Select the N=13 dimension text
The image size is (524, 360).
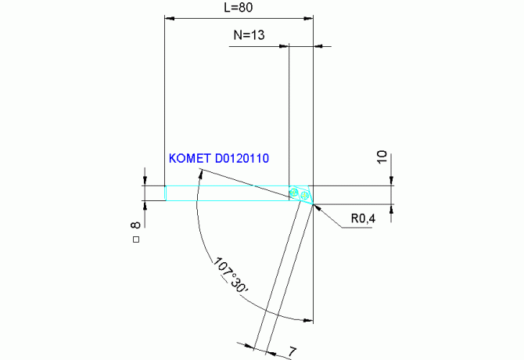coord(249,35)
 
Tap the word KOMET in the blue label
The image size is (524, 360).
coord(188,159)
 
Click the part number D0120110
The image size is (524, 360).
coord(239,159)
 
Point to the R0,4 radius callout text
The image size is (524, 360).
coord(362,219)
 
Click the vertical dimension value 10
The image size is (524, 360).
coord(382,157)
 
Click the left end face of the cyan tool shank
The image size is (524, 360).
coord(165,193)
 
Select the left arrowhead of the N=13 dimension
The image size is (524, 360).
coord(285,47)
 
